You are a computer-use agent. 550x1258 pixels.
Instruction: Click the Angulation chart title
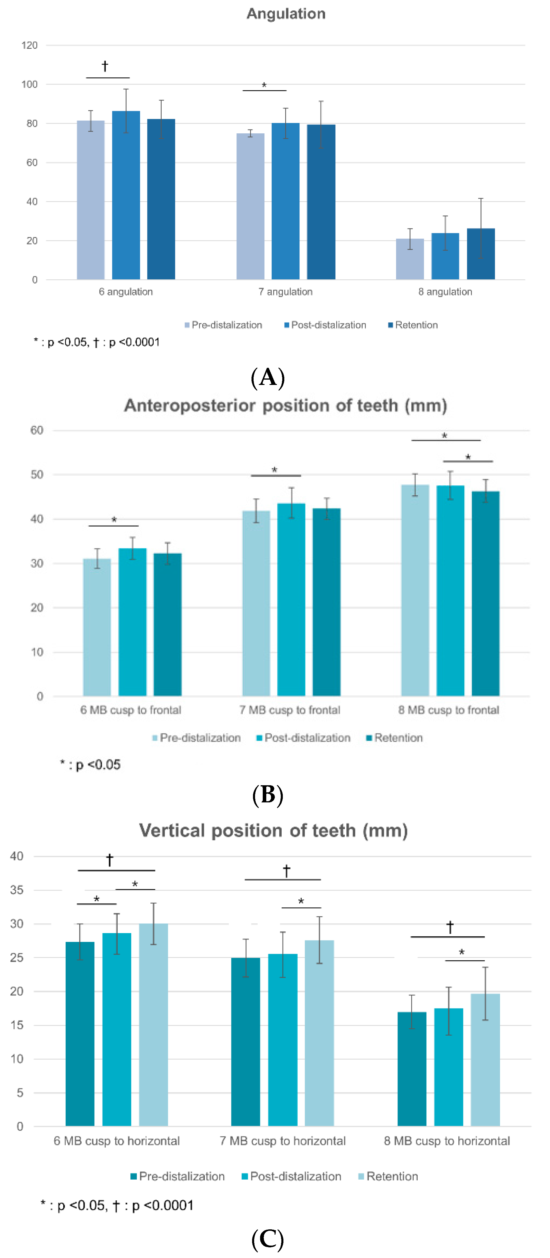point(286,14)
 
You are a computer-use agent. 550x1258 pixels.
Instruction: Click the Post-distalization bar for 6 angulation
point(126,195)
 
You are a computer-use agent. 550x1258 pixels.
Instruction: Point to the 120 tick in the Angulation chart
point(29,46)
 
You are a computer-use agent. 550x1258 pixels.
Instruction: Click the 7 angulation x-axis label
point(285,292)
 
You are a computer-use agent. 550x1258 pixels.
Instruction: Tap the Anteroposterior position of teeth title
point(285,405)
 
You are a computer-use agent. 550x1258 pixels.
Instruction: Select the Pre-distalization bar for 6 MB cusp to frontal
point(97,628)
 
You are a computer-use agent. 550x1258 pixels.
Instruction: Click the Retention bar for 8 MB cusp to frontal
point(486,593)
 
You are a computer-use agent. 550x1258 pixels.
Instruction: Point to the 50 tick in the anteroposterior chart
point(37,475)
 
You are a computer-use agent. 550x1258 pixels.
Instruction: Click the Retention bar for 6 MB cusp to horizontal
point(153,1026)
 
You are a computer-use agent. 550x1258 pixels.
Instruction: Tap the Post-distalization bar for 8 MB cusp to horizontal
point(449,1067)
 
